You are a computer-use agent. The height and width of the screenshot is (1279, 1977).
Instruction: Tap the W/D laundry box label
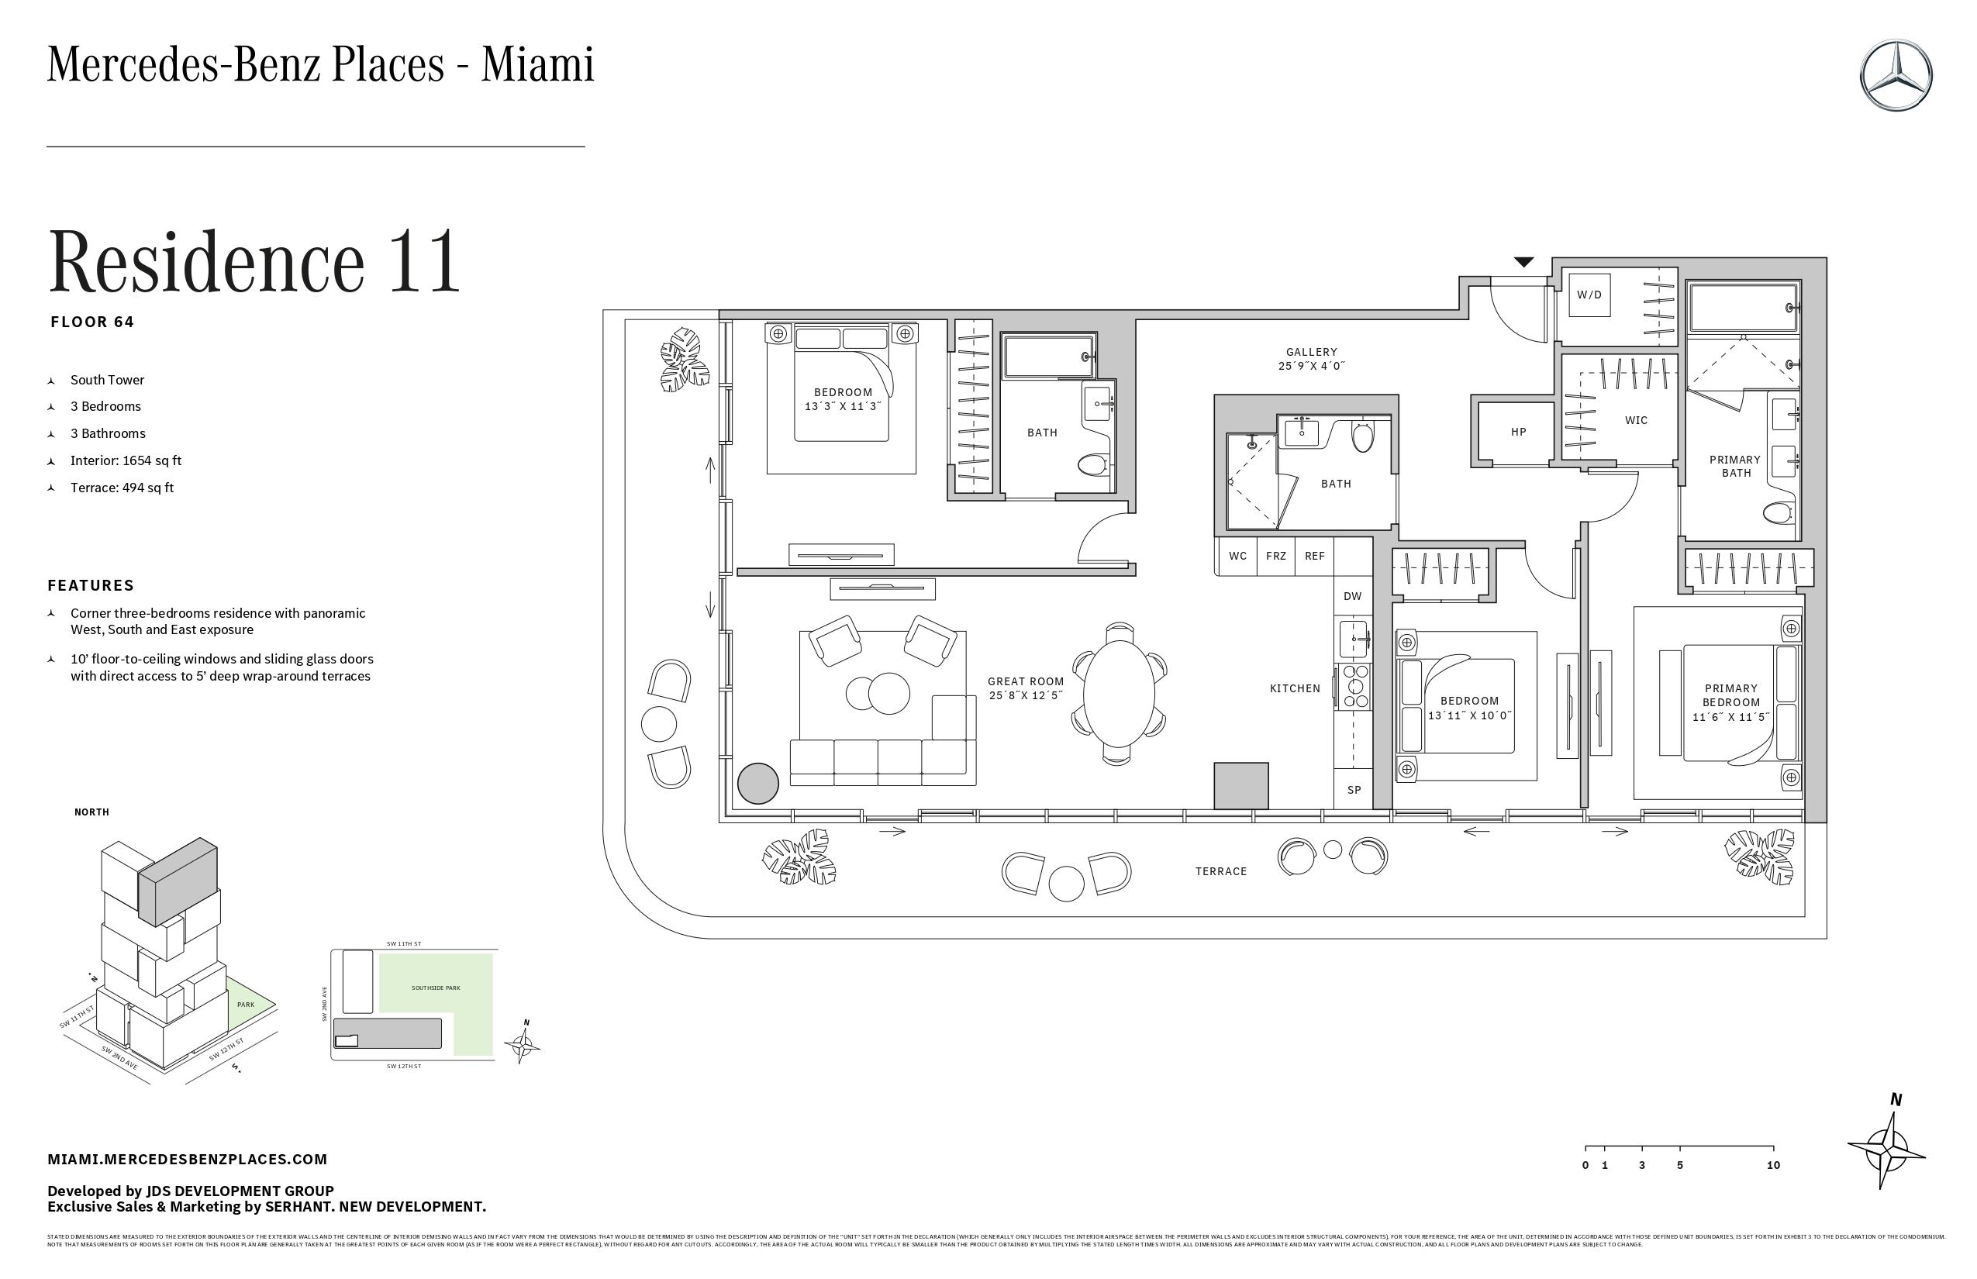pos(1589,295)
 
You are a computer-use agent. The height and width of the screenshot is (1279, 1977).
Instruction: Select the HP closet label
pos(1519,432)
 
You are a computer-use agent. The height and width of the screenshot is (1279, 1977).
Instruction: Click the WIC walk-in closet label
pos(1636,420)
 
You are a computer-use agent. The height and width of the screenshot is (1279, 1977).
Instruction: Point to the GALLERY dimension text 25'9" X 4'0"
pos(1311,365)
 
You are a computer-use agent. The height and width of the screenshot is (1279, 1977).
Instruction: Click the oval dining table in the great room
pos(1119,694)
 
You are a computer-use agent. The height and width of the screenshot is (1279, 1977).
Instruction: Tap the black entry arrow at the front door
pos(1523,263)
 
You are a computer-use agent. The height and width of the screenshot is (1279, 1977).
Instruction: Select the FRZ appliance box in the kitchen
pos(1276,556)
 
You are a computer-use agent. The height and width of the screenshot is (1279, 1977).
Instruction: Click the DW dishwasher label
pos(1352,595)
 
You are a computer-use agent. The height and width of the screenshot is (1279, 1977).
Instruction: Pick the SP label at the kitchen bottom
pos(1354,790)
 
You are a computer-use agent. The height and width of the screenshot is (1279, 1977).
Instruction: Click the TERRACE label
pos(1221,871)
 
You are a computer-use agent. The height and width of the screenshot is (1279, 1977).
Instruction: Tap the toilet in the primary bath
pos(1778,514)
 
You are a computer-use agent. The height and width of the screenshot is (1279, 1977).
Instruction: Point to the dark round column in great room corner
pos(757,783)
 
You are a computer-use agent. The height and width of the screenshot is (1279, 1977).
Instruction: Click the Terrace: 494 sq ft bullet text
pos(122,488)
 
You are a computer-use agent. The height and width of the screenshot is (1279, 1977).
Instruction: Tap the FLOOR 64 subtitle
pos(92,322)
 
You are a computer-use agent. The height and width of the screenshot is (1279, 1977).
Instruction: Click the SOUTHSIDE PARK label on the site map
pos(435,988)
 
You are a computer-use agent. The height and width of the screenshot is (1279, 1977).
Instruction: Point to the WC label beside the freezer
pos(1237,556)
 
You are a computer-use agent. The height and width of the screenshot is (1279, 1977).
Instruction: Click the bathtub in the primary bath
pos(1743,309)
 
